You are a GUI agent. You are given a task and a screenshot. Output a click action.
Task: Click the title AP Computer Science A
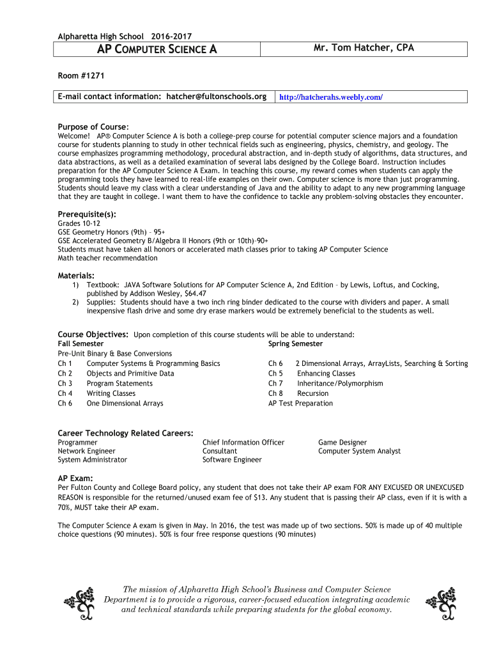(157, 49)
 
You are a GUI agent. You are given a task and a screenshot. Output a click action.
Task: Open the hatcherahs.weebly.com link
(331, 97)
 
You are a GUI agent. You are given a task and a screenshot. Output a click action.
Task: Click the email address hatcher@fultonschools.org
(217, 97)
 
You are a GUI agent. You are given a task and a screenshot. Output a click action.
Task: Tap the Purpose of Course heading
(93, 127)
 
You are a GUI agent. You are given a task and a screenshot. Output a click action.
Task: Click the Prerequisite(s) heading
(87, 214)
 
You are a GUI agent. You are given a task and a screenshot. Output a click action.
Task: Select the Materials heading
(76, 275)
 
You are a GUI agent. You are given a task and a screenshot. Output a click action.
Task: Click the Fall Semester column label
(81, 343)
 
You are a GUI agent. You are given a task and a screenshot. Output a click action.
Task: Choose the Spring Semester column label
(295, 343)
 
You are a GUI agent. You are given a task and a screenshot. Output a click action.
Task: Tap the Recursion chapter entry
(312, 393)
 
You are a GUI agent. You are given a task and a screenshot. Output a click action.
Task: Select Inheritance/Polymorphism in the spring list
(340, 383)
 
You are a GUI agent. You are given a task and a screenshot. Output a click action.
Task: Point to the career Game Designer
(342, 442)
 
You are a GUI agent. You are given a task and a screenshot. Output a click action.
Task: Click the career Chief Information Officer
(243, 442)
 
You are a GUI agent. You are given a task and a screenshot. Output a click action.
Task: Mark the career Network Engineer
(86, 451)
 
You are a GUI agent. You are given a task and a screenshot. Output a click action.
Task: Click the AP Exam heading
(75, 478)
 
